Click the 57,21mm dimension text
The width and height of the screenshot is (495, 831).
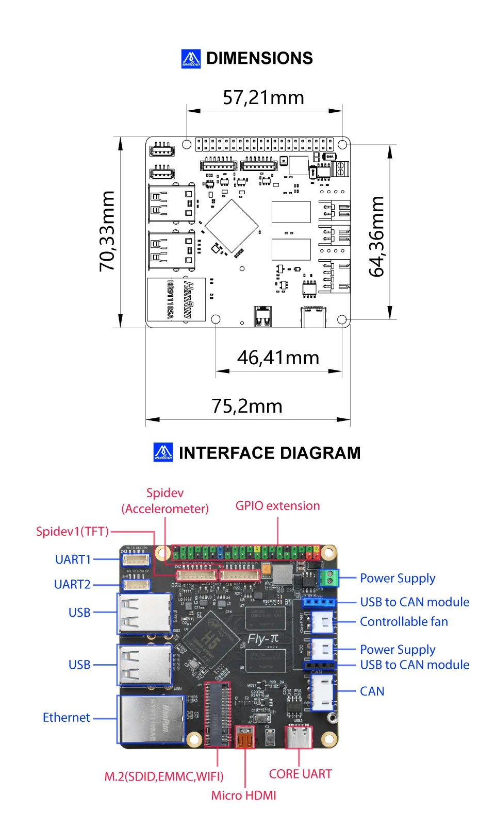click(263, 97)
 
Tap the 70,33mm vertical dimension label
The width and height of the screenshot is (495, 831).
click(107, 231)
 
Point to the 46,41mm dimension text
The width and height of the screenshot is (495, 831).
click(278, 358)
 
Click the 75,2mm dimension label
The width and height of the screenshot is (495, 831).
click(247, 406)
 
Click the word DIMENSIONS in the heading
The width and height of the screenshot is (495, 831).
click(259, 58)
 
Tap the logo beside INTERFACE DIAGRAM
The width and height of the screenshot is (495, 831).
click(163, 452)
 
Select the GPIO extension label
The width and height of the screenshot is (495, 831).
click(277, 506)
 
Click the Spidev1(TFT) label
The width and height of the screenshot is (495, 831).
click(72, 531)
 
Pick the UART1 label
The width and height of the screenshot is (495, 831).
click(73, 559)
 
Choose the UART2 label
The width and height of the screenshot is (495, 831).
click(72, 584)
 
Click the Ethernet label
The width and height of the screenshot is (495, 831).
click(66, 718)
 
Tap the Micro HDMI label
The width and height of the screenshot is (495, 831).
click(243, 795)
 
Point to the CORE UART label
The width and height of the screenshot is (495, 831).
click(300, 774)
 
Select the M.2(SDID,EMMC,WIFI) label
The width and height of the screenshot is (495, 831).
click(164, 776)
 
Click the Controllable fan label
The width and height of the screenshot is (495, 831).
click(404, 622)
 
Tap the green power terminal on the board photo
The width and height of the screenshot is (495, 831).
click(328, 578)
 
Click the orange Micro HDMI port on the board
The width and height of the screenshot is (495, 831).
click(245, 738)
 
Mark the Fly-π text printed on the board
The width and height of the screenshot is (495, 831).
click(263, 639)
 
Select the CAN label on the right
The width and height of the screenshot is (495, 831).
click(372, 691)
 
